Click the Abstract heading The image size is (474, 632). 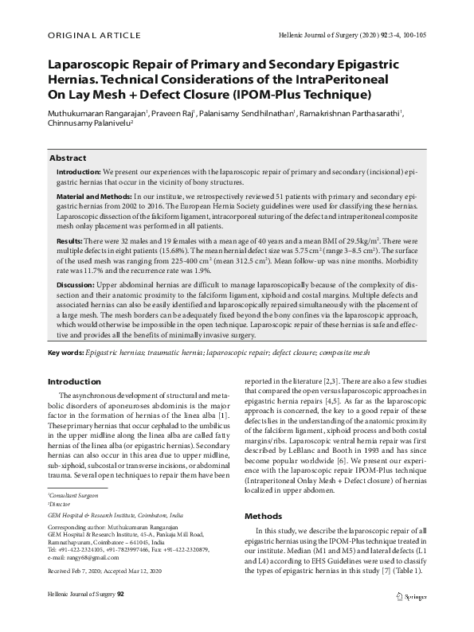tap(69, 158)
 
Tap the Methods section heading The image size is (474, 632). tap(263, 515)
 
